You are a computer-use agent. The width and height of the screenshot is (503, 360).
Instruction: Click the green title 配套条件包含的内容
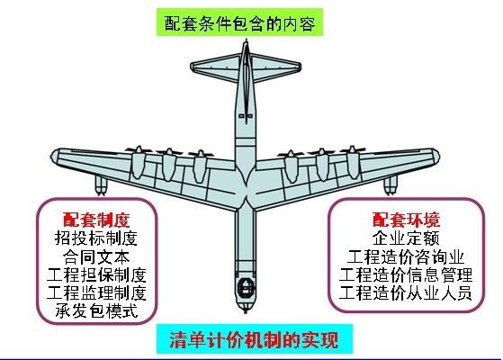click(239, 22)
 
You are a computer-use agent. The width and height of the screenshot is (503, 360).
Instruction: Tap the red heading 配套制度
click(96, 220)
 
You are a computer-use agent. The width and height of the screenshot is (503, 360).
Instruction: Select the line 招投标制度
click(96, 238)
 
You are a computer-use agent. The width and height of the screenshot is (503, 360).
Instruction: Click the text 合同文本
click(96, 256)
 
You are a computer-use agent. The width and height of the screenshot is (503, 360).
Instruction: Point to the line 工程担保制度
click(96, 274)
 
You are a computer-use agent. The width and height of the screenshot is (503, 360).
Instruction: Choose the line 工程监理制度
click(96, 292)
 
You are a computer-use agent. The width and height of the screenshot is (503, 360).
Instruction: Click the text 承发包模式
click(96, 310)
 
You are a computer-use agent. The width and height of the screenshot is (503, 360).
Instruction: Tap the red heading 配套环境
click(406, 220)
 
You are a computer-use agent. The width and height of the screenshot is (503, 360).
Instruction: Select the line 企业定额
click(406, 238)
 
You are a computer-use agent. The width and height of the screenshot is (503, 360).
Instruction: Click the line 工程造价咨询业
click(406, 256)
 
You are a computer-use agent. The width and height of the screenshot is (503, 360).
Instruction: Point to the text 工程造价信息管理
click(406, 274)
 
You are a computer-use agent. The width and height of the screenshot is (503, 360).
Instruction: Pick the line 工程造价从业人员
click(406, 292)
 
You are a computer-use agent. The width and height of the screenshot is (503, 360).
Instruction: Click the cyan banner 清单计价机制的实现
click(255, 339)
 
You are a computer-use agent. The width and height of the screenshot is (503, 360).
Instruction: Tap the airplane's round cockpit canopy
click(246, 287)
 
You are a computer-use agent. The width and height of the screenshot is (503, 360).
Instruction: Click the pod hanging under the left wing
click(101, 185)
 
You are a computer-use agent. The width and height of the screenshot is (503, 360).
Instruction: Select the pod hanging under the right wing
click(391, 185)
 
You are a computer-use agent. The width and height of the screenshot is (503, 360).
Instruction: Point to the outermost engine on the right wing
click(353, 162)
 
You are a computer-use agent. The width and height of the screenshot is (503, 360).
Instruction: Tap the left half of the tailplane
click(216, 67)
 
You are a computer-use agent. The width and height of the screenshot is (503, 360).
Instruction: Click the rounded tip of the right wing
click(435, 156)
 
